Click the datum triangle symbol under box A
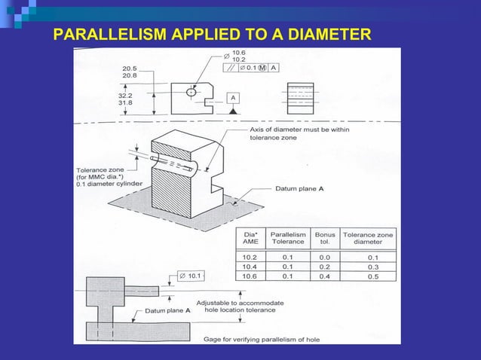234,111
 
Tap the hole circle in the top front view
191,92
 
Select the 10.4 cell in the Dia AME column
250,266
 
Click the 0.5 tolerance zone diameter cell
372,275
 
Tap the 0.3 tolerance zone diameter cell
372,266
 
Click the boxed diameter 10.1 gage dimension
191,276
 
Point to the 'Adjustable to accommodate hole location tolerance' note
240,307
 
